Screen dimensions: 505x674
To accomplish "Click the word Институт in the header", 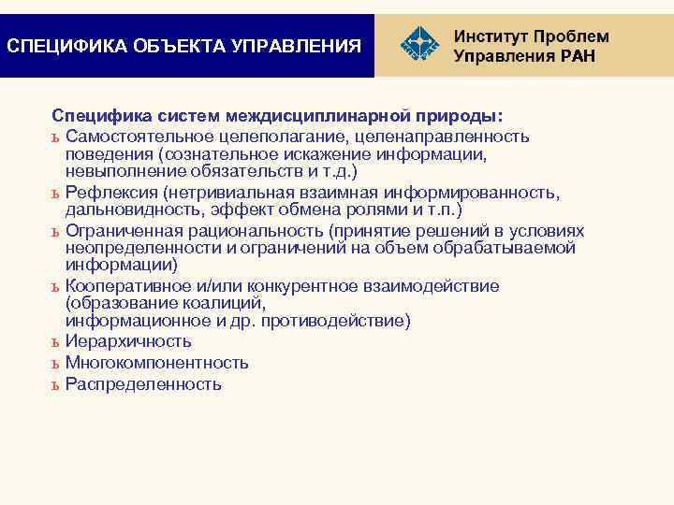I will (491, 36).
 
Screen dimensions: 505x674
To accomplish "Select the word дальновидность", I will (133, 209).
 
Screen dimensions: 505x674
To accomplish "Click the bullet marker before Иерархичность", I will (55, 343).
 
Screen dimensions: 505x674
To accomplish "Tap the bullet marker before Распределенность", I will (55, 384).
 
